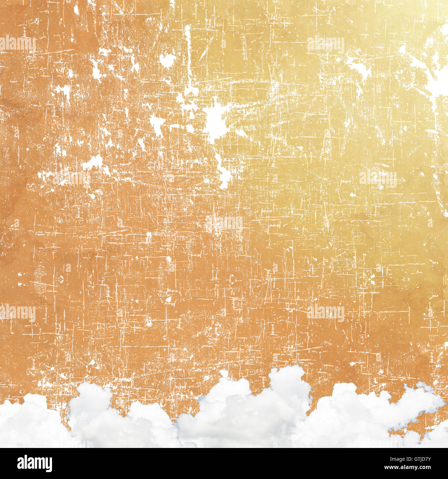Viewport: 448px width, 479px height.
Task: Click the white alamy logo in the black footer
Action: click(34, 463)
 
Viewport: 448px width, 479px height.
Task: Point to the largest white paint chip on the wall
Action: click(215, 119)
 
